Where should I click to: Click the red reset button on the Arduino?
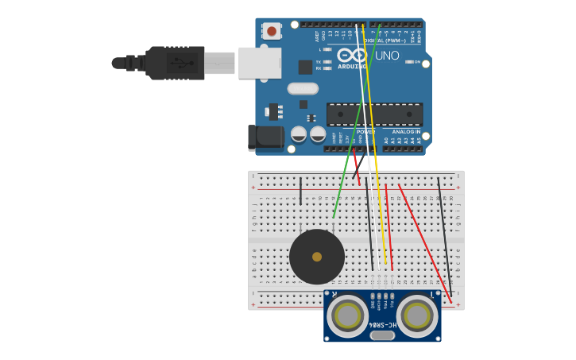tap(272, 31)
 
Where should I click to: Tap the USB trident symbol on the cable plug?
tap(180, 63)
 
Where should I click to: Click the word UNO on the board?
tap(387, 56)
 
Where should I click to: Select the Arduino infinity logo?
tap(350, 55)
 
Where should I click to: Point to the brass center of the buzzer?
tap(317, 257)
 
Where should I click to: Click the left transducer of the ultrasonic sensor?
tap(347, 315)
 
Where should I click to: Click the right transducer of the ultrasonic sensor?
tap(417, 315)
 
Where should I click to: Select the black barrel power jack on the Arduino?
tap(265, 137)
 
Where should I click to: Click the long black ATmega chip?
tap(374, 114)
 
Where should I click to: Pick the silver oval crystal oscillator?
tap(303, 89)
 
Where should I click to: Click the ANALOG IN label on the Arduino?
tap(405, 132)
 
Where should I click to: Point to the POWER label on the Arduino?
tap(365, 132)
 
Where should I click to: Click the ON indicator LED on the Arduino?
tap(408, 61)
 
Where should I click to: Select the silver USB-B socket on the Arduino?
tap(260, 62)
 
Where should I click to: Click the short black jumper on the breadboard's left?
tap(300, 192)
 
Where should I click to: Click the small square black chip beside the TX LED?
tap(305, 67)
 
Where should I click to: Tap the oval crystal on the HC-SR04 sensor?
tap(382, 335)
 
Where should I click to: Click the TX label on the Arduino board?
tap(319, 61)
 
